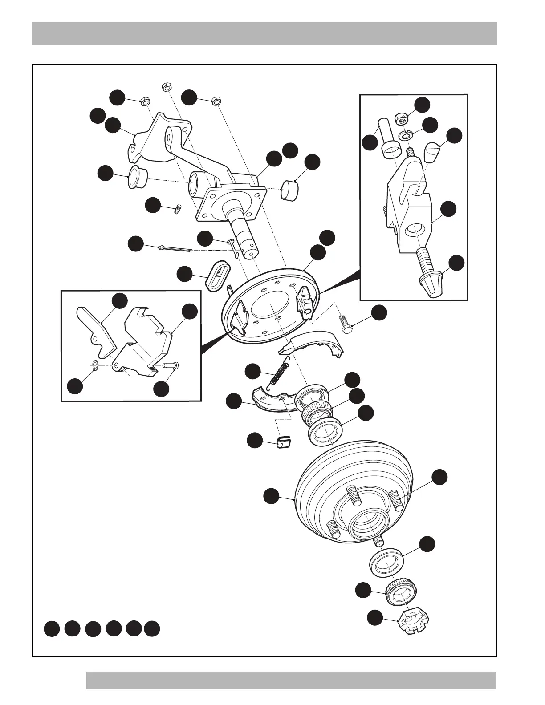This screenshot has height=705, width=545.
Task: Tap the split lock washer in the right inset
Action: click(x=405, y=134)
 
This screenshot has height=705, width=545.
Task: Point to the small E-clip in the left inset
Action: click(x=95, y=366)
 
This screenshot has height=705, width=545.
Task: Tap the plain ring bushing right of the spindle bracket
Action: click(x=291, y=190)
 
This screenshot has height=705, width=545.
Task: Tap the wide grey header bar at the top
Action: click(x=264, y=33)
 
